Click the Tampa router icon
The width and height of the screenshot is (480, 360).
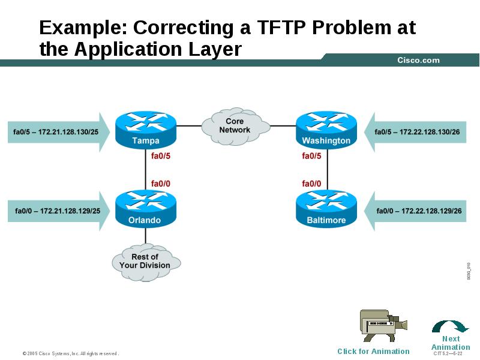tap(145, 130)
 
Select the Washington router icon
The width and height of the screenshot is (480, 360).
tap(326, 130)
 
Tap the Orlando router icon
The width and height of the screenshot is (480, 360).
tap(145, 209)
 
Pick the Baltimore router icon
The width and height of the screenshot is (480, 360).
tap(326, 209)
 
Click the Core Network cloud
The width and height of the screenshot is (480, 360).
tap(235, 125)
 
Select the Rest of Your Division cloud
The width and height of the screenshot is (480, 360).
tap(145, 261)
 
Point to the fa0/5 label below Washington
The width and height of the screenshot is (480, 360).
tap(311, 156)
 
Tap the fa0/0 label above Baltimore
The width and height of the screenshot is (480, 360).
tap(311, 184)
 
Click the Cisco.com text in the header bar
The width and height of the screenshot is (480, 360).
tap(418, 60)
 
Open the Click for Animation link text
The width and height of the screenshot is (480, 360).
tap(373, 352)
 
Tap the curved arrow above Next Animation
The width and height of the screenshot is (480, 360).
tap(450, 326)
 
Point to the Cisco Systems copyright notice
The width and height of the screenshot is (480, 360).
tap(71, 353)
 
